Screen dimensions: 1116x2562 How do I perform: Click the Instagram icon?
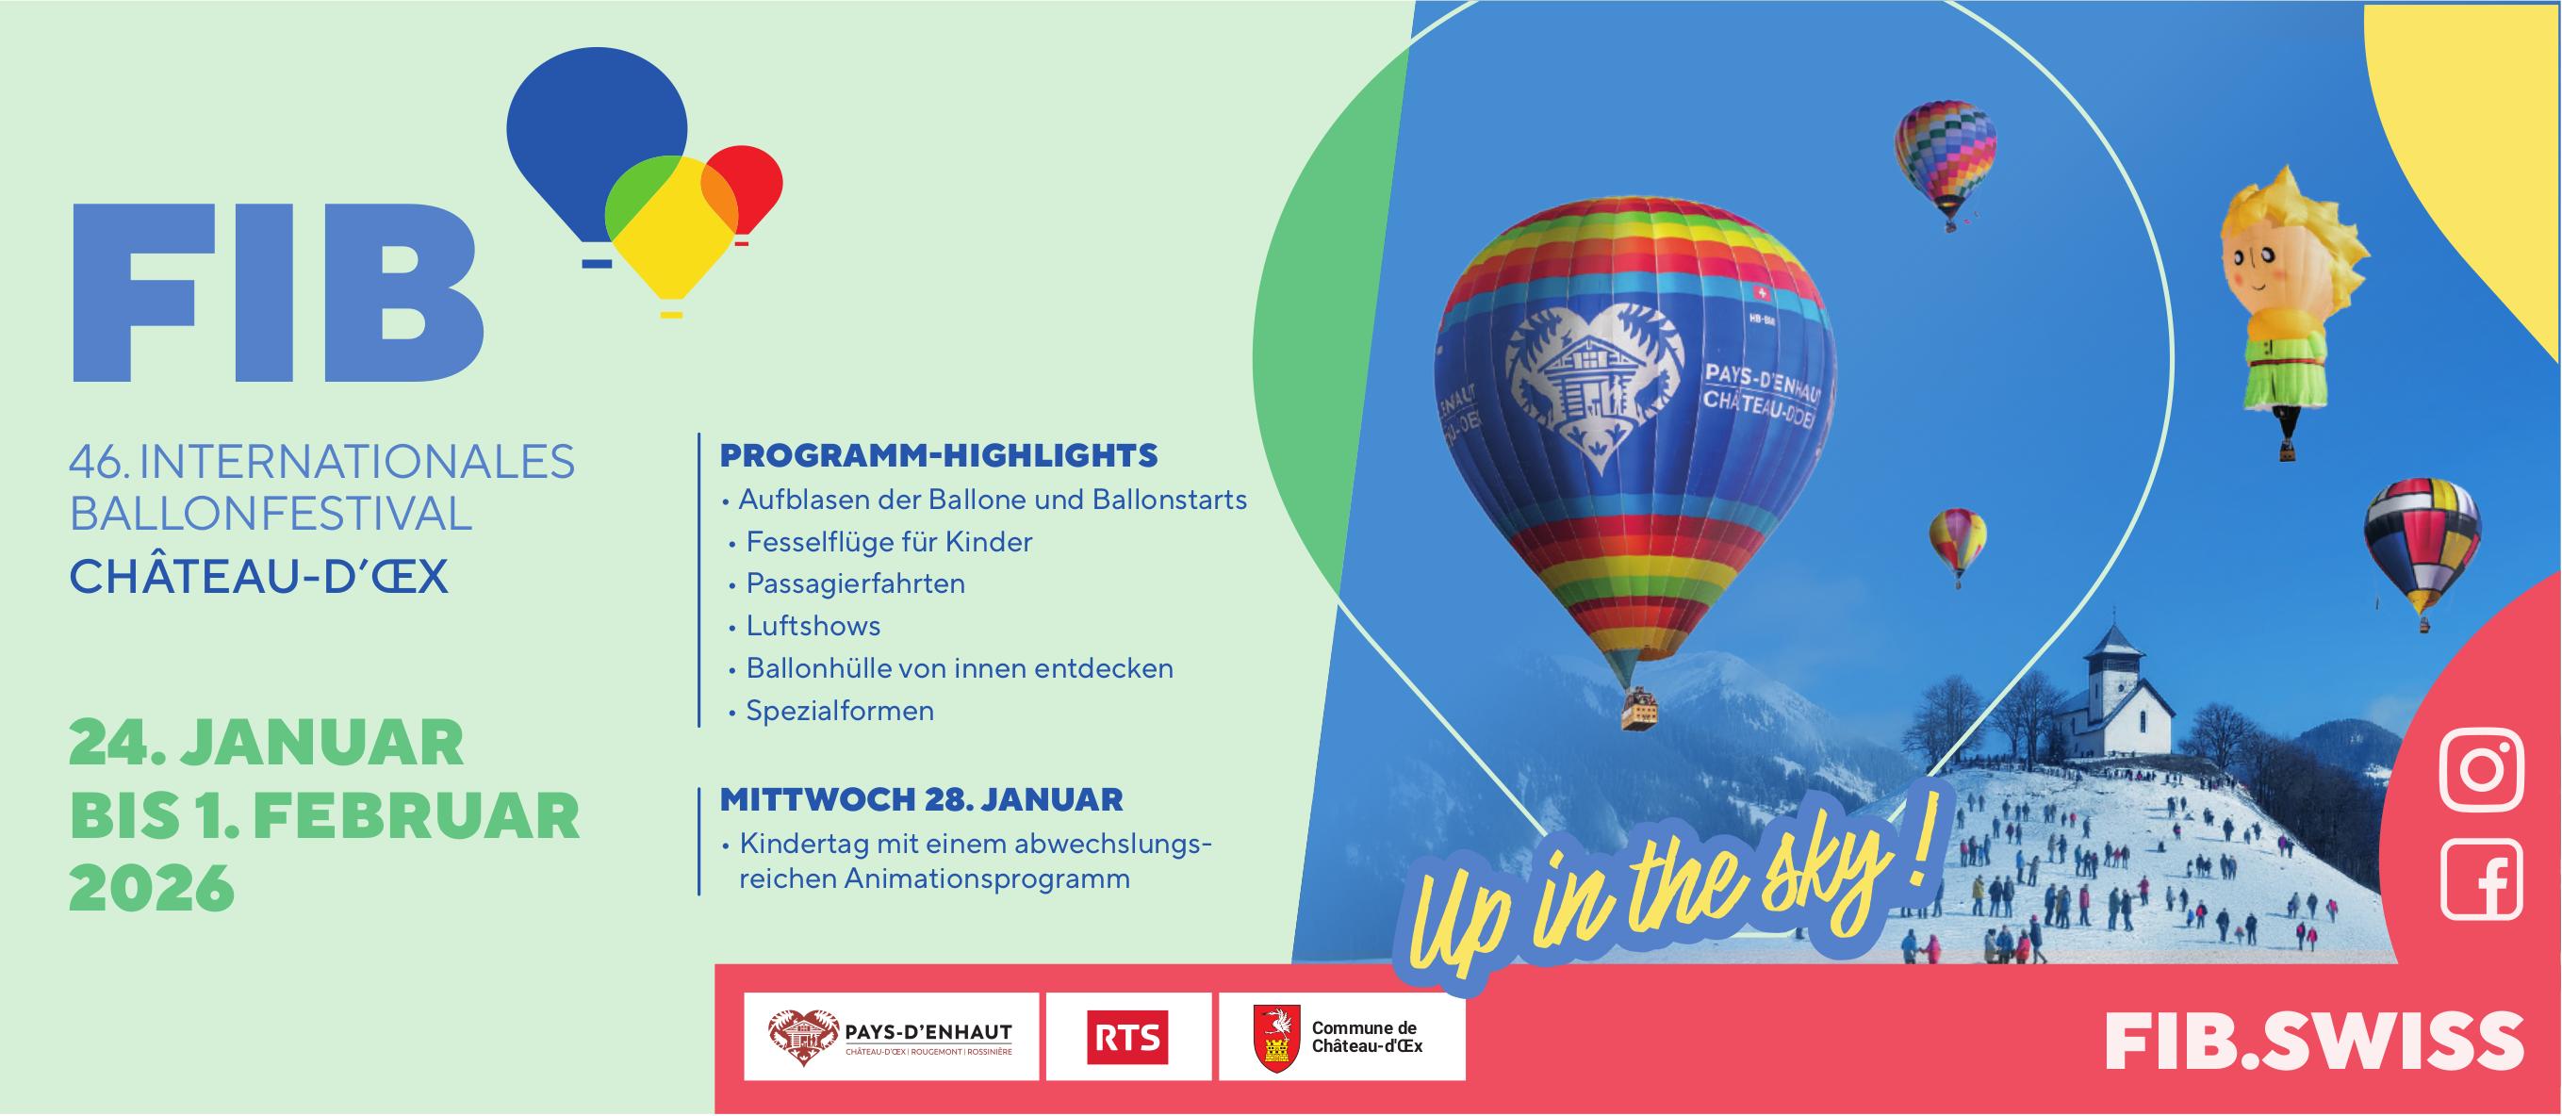[x=2482, y=770]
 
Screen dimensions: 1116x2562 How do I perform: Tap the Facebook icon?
[x=2482, y=879]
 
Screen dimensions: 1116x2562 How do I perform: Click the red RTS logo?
[x=1126, y=1038]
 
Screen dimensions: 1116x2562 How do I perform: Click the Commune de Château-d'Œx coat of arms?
[x=1276, y=1038]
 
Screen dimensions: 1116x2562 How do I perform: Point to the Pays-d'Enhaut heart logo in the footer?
[x=802, y=1038]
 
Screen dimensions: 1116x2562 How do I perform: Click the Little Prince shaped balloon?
[x=2288, y=299]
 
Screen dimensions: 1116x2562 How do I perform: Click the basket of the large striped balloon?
[x=1639, y=712]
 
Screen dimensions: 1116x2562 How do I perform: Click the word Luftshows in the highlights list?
[x=813, y=626]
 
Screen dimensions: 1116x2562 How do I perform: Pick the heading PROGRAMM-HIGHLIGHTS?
[x=938, y=455]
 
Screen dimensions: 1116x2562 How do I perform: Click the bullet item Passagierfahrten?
[x=855, y=583]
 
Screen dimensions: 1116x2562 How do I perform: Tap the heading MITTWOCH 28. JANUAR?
[x=921, y=798]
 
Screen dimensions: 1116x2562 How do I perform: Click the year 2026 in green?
[x=151, y=888]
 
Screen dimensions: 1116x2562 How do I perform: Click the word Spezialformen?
[x=840, y=710]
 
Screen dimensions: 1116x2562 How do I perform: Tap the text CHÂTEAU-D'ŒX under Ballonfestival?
[x=258, y=577]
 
